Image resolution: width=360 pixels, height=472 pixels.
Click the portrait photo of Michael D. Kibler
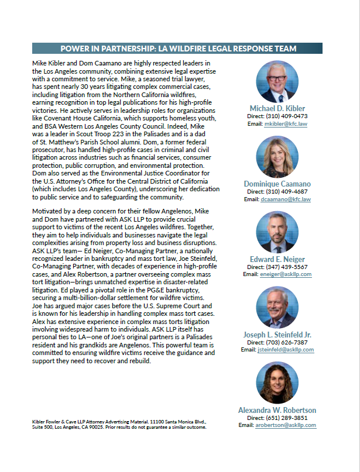pyautogui.click(x=277, y=81)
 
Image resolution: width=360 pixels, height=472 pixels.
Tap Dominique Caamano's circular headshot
pyautogui.click(x=277, y=157)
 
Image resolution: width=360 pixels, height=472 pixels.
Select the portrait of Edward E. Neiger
pyautogui.click(x=277, y=232)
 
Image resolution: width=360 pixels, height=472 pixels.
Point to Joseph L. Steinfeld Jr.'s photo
pyautogui.click(x=277, y=308)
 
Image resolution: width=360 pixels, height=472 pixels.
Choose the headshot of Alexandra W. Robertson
pyautogui.click(x=277, y=383)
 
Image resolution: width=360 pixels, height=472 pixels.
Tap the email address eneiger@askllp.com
pyautogui.click(x=286, y=274)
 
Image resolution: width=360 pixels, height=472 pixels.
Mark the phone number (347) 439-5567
pyautogui.click(x=286, y=267)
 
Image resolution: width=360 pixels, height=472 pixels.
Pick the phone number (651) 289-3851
pyautogui.click(x=286, y=418)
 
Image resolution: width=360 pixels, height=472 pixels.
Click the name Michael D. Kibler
pyautogui.click(x=277, y=108)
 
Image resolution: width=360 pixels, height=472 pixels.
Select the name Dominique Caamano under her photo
pyautogui.click(x=277, y=184)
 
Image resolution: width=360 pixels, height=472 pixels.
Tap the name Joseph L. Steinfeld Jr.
pyautogui.click(x=277, y=335)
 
